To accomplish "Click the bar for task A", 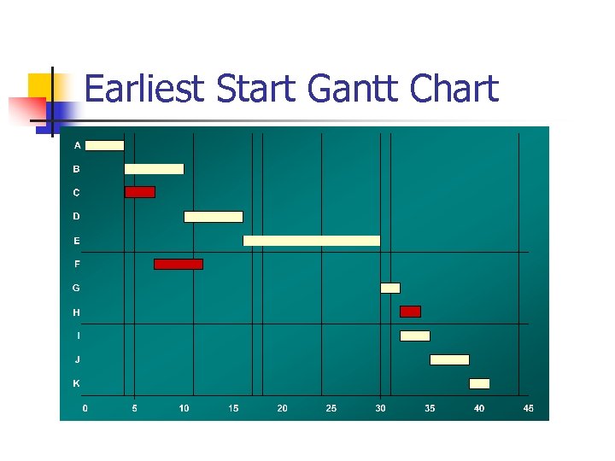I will click(104, 145).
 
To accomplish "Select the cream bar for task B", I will click(154, 169).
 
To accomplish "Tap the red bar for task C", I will click(140, 192).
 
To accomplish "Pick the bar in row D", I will click(214, 217).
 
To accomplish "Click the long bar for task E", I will click(312, 241).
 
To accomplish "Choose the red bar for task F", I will click(179, 264).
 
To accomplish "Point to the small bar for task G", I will click(390, 288).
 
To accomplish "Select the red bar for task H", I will click(411, 312).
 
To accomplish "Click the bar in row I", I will click(415, 336).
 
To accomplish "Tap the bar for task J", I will click(449, 359).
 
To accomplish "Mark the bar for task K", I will click(479, 383).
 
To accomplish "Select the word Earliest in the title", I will click(146, 89).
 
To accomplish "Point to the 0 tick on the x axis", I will click(85, 409).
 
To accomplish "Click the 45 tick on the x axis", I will click(529, 409).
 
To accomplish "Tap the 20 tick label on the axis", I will click(282, 409).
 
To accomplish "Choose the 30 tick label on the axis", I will click(380, 409).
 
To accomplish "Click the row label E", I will click(77, 241).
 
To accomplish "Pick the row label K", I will click(77, 383).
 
